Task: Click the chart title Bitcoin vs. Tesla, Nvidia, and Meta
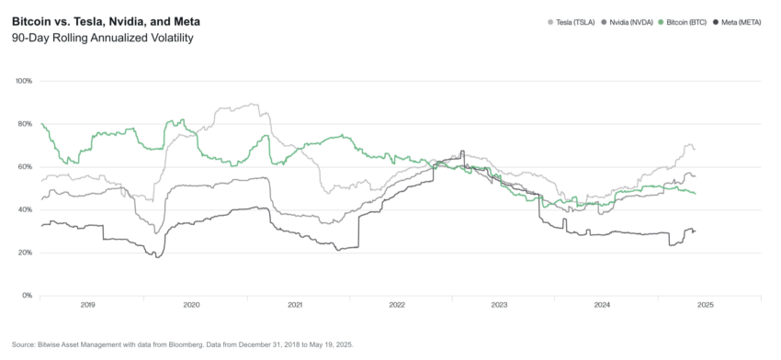coord(106,20)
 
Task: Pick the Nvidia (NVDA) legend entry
coord(629,21)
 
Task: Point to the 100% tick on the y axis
coord(24,81)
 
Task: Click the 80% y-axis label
coord(25,124)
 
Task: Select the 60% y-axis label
coord(25,167)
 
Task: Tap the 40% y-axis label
coord(25,209)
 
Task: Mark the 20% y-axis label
coord(25,253)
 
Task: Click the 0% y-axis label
coord(28,296)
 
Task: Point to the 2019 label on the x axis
coord(88,304)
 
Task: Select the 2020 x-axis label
coord(191,304)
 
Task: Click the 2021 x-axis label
coord(294,304)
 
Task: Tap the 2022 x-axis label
coord(397,304)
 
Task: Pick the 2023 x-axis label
coord(500,304)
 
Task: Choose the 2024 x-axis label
coord(603,304)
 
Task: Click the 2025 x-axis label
coord(706,304)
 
